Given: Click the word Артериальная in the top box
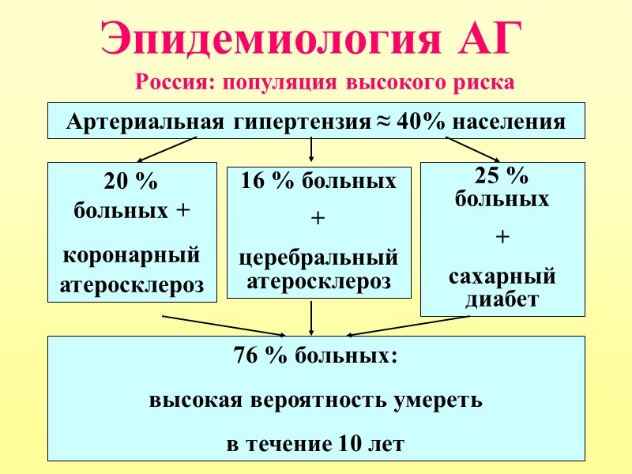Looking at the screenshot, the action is click(x=147, y=123).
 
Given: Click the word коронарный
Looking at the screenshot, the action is click(x=131, y=256).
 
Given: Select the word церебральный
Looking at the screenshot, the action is click(x=318, y=258).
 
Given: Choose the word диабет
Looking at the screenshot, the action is click(x=502, y=299).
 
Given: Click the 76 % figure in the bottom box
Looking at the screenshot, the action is click(x=261, y=355).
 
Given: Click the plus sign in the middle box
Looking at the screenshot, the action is click(x=318, y=220).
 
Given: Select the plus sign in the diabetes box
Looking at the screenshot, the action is click(x=502, y=237).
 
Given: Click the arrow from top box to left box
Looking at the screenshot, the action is click(x=166, y=149).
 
